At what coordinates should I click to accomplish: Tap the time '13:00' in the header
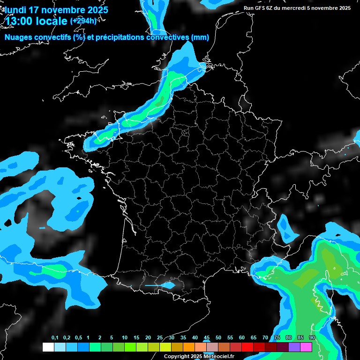pos(21,21)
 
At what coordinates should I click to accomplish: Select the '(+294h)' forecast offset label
pos(83,21)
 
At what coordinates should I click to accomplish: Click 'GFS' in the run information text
pos(262,8)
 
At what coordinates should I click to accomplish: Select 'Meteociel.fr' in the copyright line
pos(218,357)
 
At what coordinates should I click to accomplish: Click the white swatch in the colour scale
pos(48,347)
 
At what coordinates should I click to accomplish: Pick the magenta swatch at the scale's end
pos(306,347)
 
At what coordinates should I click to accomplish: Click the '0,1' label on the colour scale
pos(55,338)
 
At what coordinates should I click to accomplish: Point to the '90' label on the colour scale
pos(312,338)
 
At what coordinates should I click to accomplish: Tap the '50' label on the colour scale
pos(218,338)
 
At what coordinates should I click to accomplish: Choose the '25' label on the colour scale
pos(160,338)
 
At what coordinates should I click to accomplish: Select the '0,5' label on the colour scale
pos(78,338)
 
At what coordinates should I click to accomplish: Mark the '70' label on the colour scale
pos(265,338)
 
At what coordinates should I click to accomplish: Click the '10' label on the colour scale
pos(125,338)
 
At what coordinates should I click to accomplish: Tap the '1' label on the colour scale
pos(88,338)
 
